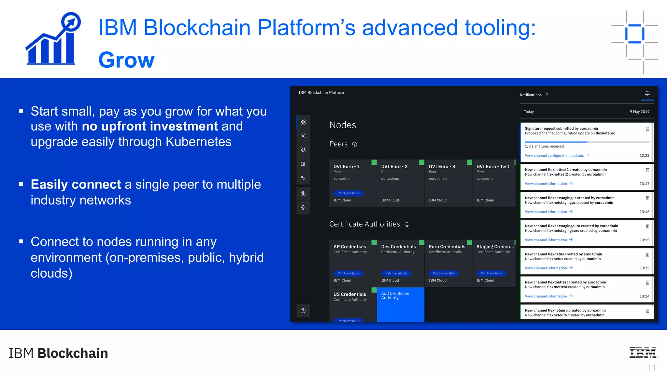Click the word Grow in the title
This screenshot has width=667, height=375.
point(126,60)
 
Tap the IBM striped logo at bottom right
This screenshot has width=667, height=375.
point(643,353)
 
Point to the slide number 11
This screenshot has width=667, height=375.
point(651,368)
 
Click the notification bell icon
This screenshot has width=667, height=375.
point(647,93)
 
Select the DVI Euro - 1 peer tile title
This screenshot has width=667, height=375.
point(347,167)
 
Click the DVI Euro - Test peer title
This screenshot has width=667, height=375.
point(493,167)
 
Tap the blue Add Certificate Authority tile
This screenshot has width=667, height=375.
point(401,304)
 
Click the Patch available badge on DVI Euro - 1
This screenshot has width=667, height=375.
point(348,193)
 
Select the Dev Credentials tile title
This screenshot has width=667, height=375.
point(398,247)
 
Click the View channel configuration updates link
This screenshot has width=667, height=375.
point(554,156)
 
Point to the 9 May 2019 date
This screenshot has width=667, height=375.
point(639,112)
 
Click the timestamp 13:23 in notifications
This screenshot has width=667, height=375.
point(644,156)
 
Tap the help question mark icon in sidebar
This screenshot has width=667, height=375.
point(303,311)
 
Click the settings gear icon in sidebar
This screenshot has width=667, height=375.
point(303,208)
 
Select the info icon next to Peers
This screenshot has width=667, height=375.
point(355,145)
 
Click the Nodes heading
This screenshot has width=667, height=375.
point(343,125)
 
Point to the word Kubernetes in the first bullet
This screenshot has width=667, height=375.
point(198,142)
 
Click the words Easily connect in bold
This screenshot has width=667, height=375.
point(76,185)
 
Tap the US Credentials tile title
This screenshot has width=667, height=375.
point(349,294)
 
